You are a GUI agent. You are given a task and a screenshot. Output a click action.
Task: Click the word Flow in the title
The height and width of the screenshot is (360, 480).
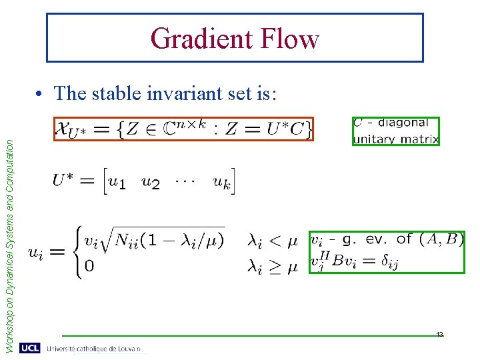click(291, 39)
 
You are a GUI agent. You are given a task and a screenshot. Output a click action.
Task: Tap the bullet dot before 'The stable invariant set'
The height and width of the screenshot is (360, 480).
click(42, 94)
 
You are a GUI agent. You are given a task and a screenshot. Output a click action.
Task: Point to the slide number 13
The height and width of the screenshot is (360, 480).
click(440, 334)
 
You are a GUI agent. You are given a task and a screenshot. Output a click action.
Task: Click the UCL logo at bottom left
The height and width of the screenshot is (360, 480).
click(29, 348)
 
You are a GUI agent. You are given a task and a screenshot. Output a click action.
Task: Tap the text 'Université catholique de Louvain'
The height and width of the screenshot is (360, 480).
click(93, 349)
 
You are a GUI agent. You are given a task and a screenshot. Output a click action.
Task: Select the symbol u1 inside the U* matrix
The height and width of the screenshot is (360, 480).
click(116, 182)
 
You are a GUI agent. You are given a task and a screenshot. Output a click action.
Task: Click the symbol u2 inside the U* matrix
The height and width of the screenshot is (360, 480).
click(151, 182)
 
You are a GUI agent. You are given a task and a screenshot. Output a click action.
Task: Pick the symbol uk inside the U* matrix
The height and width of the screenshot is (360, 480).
click(222, 181)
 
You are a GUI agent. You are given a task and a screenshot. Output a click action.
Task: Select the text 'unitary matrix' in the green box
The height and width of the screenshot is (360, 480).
click(395, 139)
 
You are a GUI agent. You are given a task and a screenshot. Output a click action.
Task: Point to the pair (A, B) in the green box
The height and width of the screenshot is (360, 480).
click(439, 239)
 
